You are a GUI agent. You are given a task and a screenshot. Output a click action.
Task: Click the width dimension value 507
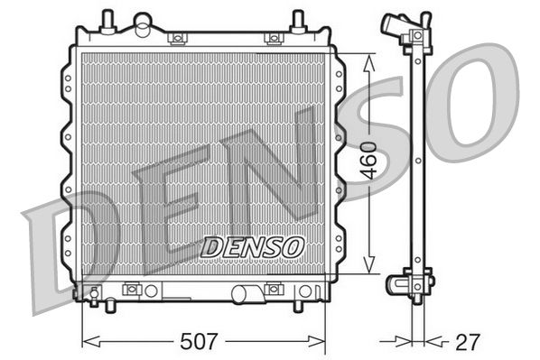point(199,342)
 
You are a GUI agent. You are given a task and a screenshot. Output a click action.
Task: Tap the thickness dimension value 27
point(468,342)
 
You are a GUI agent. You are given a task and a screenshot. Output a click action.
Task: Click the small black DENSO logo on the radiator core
point(253,245)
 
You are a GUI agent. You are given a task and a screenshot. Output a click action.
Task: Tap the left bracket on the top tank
point(178,38)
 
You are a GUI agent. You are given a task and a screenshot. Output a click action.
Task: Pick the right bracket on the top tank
point(272,38)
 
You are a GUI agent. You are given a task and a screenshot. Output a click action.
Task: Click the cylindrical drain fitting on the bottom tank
point(244,293)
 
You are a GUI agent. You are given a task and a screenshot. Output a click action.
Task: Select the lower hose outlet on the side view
point(397,284)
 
